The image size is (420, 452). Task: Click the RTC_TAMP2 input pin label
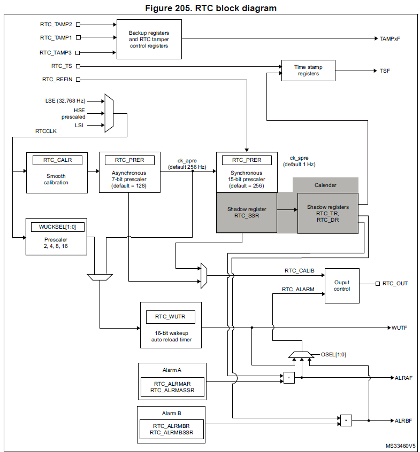tap(56, 24)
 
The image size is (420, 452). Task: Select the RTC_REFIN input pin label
tap(57, 80)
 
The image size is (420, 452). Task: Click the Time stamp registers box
tap(308, 71)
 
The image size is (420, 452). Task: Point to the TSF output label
tap(385, 71)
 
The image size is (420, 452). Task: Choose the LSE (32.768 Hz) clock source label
tap(65, 100)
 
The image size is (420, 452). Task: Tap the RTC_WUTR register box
tap(170, 317)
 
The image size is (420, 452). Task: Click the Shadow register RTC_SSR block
tap(246, 213)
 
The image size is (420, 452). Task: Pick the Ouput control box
tap(341, 285)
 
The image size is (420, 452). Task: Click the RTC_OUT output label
tap(395, 283)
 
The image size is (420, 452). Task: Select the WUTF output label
tap(400, 328)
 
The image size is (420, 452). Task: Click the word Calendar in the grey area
tap(325, 185)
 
